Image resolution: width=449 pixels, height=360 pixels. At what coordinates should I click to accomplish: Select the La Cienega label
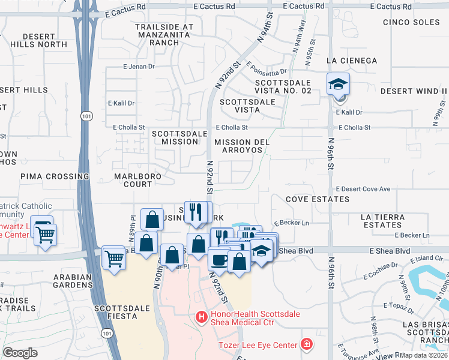coord(351,61)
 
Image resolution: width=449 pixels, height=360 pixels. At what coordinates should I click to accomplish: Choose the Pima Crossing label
coord(55,176)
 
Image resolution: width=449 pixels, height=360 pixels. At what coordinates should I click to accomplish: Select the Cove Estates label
coord(317,199)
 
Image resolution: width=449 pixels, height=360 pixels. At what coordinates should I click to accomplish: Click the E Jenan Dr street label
coord(139,67)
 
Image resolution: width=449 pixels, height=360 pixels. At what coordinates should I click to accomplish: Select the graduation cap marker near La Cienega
coord(337,83)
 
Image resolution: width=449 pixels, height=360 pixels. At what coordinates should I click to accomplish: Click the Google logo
coord(20,353)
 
